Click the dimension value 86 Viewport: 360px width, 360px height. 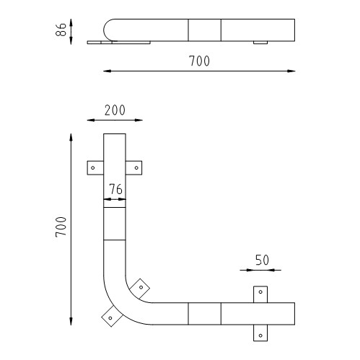click(62, 30)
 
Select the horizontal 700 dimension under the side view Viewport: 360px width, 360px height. click(199, 61)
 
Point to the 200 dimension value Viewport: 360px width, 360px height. click(114, 110)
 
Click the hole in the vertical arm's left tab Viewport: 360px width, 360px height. click(93, 167)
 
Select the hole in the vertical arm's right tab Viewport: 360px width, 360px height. click(136, 167)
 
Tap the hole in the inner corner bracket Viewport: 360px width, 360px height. click(141, 287)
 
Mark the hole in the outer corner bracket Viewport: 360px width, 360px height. click(110, 315)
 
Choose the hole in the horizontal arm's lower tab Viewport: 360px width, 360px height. click(260, 334)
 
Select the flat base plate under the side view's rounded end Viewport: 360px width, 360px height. click(119, 43)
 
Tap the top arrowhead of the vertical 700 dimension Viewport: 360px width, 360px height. click(71, 135)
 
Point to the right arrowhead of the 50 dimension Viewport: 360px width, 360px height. click(278, 271)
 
